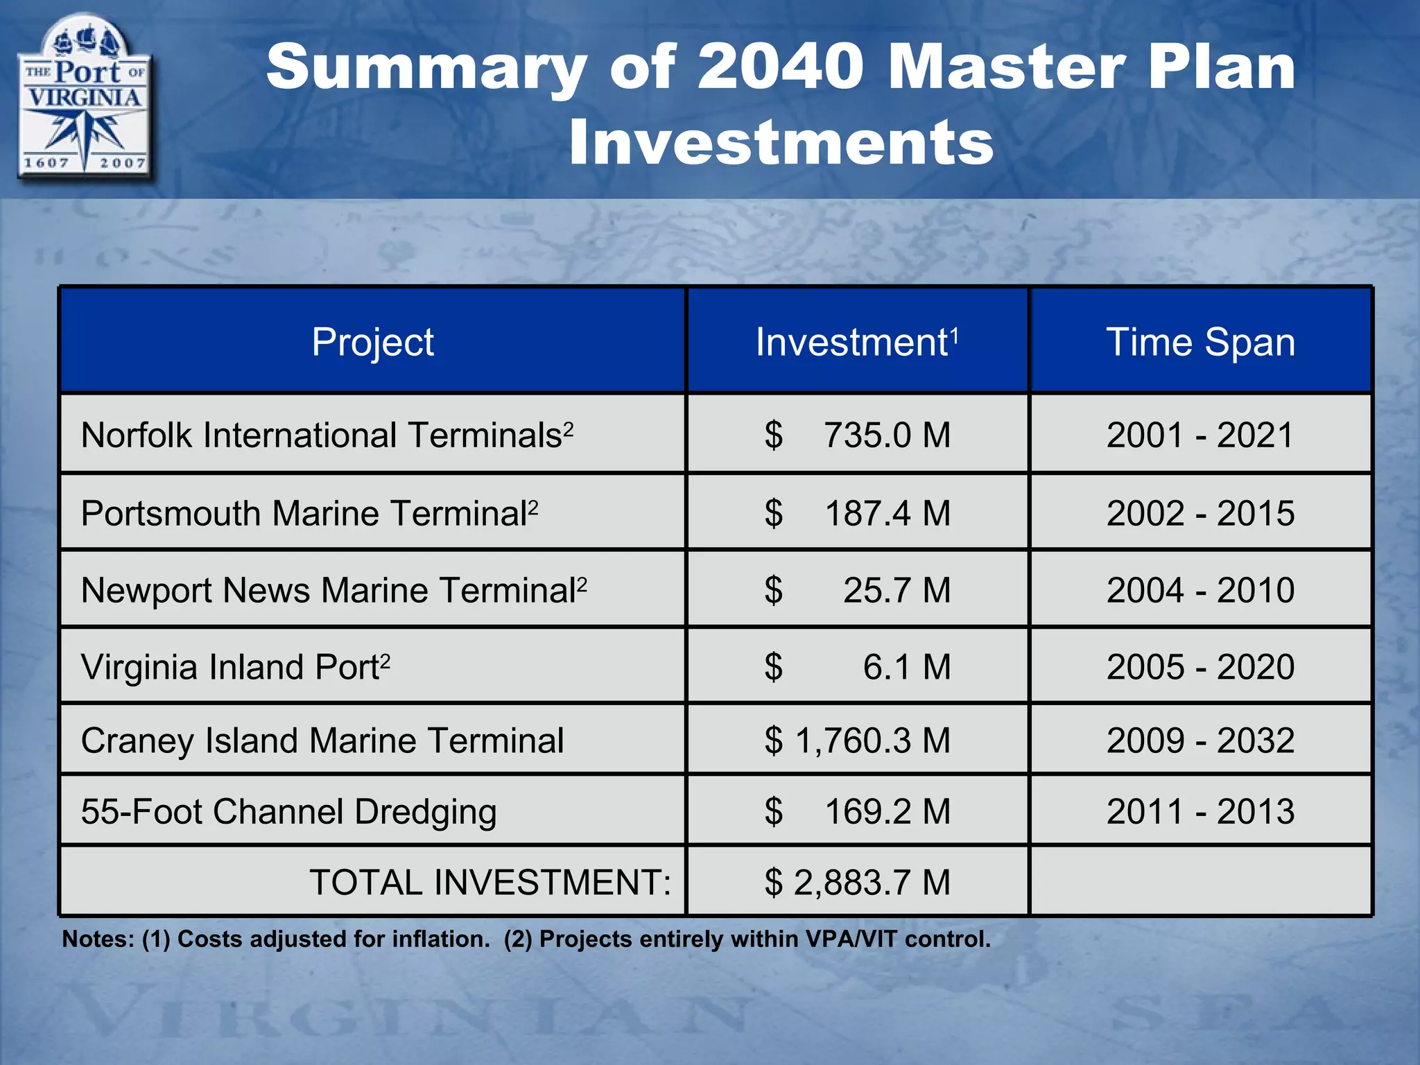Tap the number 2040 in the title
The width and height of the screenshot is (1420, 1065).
tap(782, 67)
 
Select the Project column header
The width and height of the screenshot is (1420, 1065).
tap(372, 342)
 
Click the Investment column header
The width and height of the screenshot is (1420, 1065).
tap(857, 342)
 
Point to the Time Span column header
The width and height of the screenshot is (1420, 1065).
tap(1200, 342)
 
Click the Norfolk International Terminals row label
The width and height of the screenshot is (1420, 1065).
tap(327, 435)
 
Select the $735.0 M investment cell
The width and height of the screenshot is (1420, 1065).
tap(857, 435)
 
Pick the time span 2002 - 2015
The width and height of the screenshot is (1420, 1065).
tap(1200, 513)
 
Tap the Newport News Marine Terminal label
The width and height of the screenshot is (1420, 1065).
tap(334, 590)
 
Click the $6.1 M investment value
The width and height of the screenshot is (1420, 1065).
tap(857, 667)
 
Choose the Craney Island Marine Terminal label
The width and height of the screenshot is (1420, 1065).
tap(322, 741)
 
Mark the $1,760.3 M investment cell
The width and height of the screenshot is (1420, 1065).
tap(857, 741)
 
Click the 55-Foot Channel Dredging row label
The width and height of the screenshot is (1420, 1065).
tap(288, 811)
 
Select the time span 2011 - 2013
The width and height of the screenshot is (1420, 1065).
tap(1200, 811)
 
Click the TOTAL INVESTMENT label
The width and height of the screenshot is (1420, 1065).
tap(490, 883)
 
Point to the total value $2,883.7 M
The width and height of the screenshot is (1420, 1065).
tap(857, 883)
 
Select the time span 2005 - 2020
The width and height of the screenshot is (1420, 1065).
tap(1200, 667)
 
